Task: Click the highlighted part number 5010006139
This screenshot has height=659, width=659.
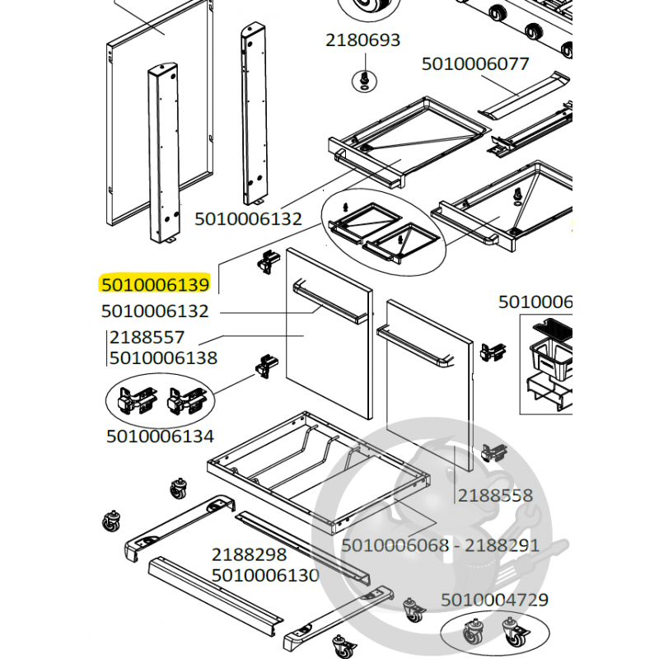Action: pos(156,284)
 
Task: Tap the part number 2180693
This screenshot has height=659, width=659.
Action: pos(362,40)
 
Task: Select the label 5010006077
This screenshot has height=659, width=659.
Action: pos(475,63)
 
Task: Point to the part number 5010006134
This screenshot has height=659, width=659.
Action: pos(160,436)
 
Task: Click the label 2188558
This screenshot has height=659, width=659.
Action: pos(495,496)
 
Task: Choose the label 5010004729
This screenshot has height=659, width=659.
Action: pos(494,600)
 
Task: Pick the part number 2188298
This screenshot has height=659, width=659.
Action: pos(249,555)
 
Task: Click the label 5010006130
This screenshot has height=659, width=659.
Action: pos(265,575)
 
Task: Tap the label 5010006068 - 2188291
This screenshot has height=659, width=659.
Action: pos(440,545)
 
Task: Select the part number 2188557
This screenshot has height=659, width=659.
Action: pos(147,338)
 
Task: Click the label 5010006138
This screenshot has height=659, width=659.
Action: pos(163,358)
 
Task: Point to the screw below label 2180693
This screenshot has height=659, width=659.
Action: pos(362,79)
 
